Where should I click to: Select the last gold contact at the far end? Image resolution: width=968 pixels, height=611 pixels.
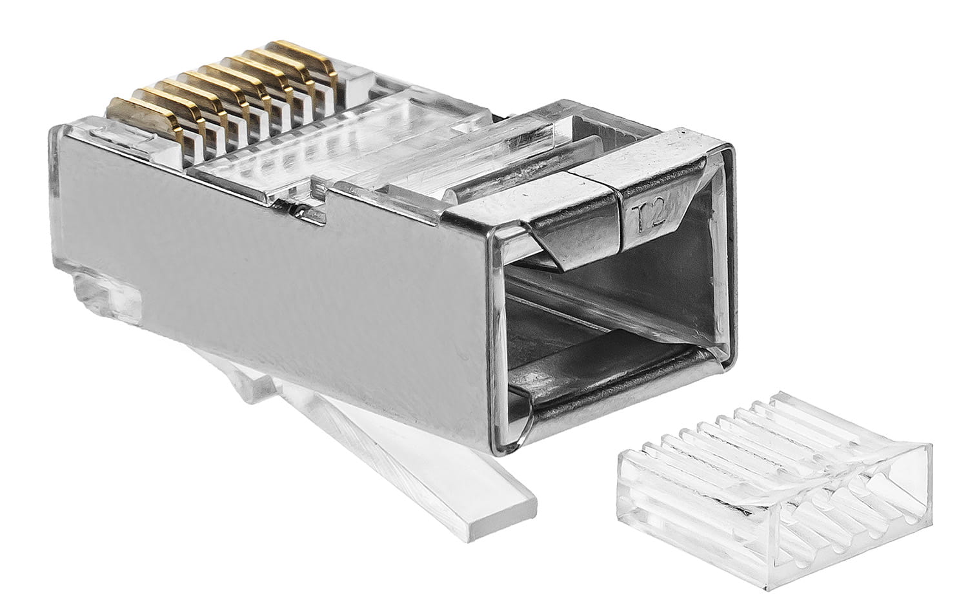(304, 58)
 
